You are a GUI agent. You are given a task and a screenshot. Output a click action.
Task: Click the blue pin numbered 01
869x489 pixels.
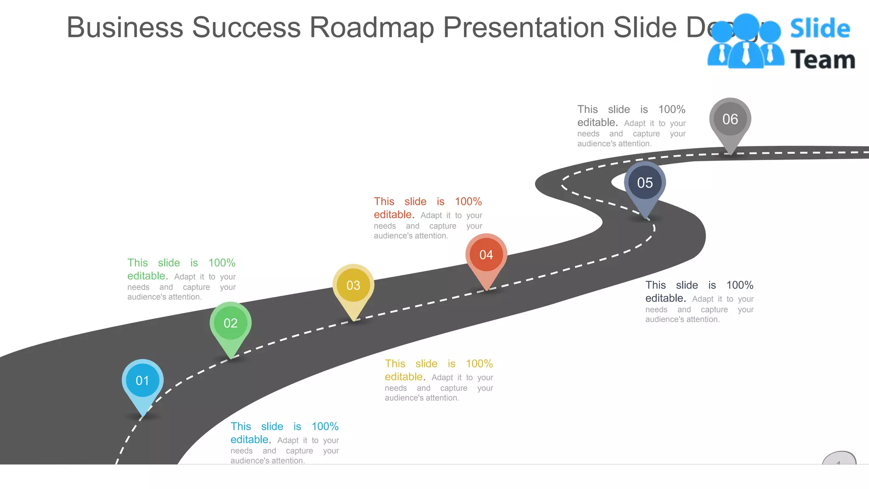(143, 381)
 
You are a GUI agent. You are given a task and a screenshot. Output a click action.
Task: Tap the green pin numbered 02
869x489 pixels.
(230, 323)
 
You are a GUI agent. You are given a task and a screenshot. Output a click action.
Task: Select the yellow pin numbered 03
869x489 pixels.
(353, 286)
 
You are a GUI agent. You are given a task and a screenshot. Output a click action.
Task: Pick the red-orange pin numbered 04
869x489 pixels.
(486, 255)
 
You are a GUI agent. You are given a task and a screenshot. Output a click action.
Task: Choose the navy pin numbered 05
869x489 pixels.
(645, 183)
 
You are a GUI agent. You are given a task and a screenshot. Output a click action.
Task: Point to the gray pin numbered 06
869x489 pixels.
(730, 119)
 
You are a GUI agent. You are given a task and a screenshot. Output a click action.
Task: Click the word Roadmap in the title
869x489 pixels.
(372, 28)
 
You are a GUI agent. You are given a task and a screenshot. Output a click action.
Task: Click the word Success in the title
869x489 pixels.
(246, 28)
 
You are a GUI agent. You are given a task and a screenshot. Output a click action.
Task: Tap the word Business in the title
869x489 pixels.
(125, 28)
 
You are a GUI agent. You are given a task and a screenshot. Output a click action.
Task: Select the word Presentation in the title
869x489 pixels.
(524, 28)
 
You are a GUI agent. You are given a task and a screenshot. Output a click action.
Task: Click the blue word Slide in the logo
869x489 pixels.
(820, 29)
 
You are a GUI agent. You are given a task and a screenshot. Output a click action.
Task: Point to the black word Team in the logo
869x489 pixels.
(822, 59)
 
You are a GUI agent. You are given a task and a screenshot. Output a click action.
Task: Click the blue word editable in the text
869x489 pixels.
(249, 439)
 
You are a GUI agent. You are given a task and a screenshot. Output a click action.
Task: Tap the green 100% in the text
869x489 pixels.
(221, 263)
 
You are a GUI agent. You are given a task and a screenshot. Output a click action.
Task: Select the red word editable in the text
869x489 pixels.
(393, 214)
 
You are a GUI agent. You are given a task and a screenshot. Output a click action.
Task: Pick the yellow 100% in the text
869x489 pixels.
(479, 364)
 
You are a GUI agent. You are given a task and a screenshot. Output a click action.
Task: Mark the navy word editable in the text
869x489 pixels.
(664, 298)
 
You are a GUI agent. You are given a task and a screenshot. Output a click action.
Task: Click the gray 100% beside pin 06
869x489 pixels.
(672, 110)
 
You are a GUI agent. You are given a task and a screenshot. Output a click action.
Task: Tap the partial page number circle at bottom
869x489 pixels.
(839, 458)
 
